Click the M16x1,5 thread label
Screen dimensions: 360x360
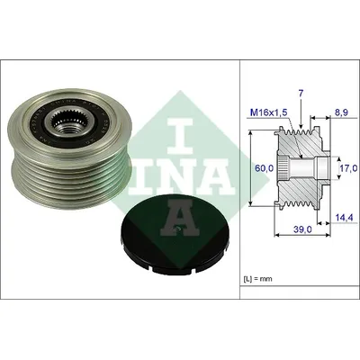pos(269,112)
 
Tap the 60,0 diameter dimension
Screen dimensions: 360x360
pos(264,168)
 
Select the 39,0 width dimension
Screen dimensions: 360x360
pos(303,229)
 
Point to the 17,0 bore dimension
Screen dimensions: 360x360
pos(348,168)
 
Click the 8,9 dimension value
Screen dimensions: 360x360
pos(340,112)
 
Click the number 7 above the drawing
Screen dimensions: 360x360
pos(301,94)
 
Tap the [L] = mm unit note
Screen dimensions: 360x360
pos(257,279)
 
